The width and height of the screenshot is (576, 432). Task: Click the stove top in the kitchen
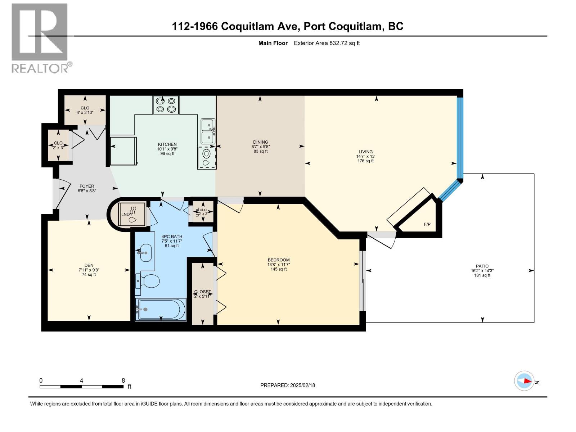point(166,105)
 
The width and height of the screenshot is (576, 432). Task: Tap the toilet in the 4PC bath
point(148,281)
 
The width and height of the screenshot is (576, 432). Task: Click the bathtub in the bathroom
point(161,309)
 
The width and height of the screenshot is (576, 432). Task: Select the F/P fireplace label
point(427,224)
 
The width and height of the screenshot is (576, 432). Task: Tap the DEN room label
point(89,265)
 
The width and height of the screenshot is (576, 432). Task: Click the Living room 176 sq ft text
point(365,161)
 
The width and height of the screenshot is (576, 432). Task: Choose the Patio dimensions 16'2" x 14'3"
point(482,271)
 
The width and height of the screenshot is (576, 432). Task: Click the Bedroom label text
point(279,260)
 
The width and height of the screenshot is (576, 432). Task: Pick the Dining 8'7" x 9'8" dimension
point(260,147)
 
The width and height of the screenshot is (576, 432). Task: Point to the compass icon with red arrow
point(524,381)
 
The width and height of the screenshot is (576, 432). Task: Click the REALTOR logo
point(40,38)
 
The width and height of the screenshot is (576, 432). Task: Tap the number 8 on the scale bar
point(123,381)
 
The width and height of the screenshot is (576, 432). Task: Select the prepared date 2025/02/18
point(302,385)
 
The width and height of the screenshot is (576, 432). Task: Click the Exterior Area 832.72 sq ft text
point(327,43)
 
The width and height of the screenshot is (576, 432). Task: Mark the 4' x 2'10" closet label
point(85,112)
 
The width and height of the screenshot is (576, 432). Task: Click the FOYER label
point(87,186)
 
